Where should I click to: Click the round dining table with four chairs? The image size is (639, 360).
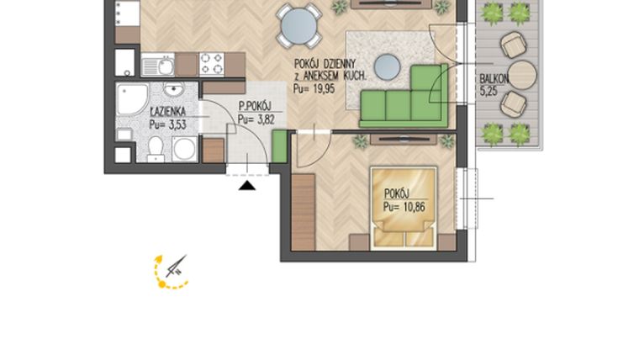pyautogui.click(x=300, y=25)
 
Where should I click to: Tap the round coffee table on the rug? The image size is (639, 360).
pyautogui.click(x=388, y=66)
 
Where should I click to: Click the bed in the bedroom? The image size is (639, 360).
pyautogui.click(x=404, y=207)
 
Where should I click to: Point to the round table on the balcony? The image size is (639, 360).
pyautogui.click(x=522, y=74)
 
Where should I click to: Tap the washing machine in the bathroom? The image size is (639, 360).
pyautogui.click(x=184, y=150)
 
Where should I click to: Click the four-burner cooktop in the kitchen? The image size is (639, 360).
pyautogui.click(x=211, y=64)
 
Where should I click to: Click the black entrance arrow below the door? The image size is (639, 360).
pyautogui.click(x=246, y=185)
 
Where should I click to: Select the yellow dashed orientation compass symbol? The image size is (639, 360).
pyautogui.click(x=168, y=272)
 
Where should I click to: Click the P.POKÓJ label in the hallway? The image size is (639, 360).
pyautogui.click(x=255, y=106)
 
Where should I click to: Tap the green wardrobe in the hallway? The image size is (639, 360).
pyautogui.click(x=280, y=147)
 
